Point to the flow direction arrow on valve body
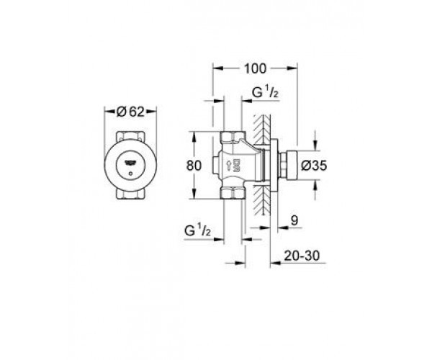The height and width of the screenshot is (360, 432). [x=228, y=165]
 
